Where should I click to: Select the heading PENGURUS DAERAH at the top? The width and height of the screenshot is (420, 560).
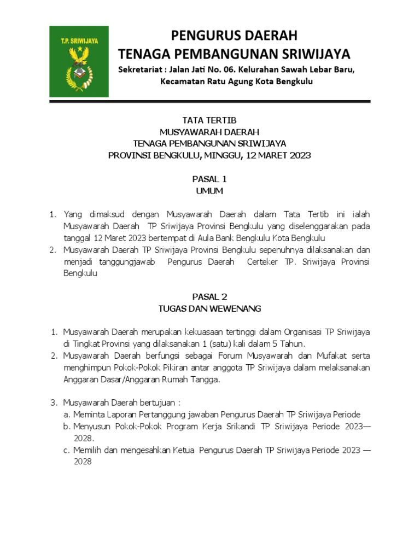235,36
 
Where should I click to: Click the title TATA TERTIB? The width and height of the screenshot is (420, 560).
209,120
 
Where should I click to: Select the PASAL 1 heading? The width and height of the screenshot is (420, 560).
209,179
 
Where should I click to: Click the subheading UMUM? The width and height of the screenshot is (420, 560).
209,191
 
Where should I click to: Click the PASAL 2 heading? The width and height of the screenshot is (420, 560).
209,296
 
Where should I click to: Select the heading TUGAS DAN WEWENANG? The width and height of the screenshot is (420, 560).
209,308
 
